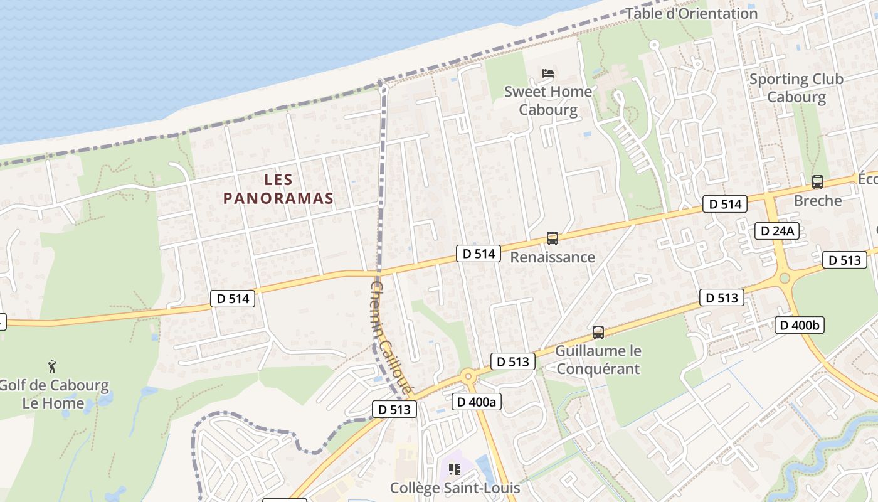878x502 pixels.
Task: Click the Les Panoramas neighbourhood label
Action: (x=278, y=189)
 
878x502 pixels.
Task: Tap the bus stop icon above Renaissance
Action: (x=552, y=238)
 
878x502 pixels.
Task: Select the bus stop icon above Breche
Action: (x=817, y=182)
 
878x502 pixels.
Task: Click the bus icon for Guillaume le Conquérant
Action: (x=598, y=333)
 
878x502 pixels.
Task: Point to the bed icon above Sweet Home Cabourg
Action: (x=548, y=73)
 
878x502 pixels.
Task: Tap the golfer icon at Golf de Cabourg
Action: (x=53, y=366)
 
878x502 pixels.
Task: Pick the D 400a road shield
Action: (x=477, y=402)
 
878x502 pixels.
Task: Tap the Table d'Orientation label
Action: (x=692, y=13)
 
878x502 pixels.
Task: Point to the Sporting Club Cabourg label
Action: (x=796, y=88)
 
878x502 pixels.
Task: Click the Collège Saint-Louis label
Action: (x=455, y=488)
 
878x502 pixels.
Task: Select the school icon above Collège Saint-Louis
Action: (x=455, y=469)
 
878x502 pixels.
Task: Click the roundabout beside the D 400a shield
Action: (x=467, y=377)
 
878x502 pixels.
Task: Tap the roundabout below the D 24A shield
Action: (x=784, y=278)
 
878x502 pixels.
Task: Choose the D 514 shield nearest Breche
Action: (x=725, y=204)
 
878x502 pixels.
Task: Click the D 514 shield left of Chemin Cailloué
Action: (x=233, y=299)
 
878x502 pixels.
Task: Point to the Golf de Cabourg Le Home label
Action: (x=53, y=394)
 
